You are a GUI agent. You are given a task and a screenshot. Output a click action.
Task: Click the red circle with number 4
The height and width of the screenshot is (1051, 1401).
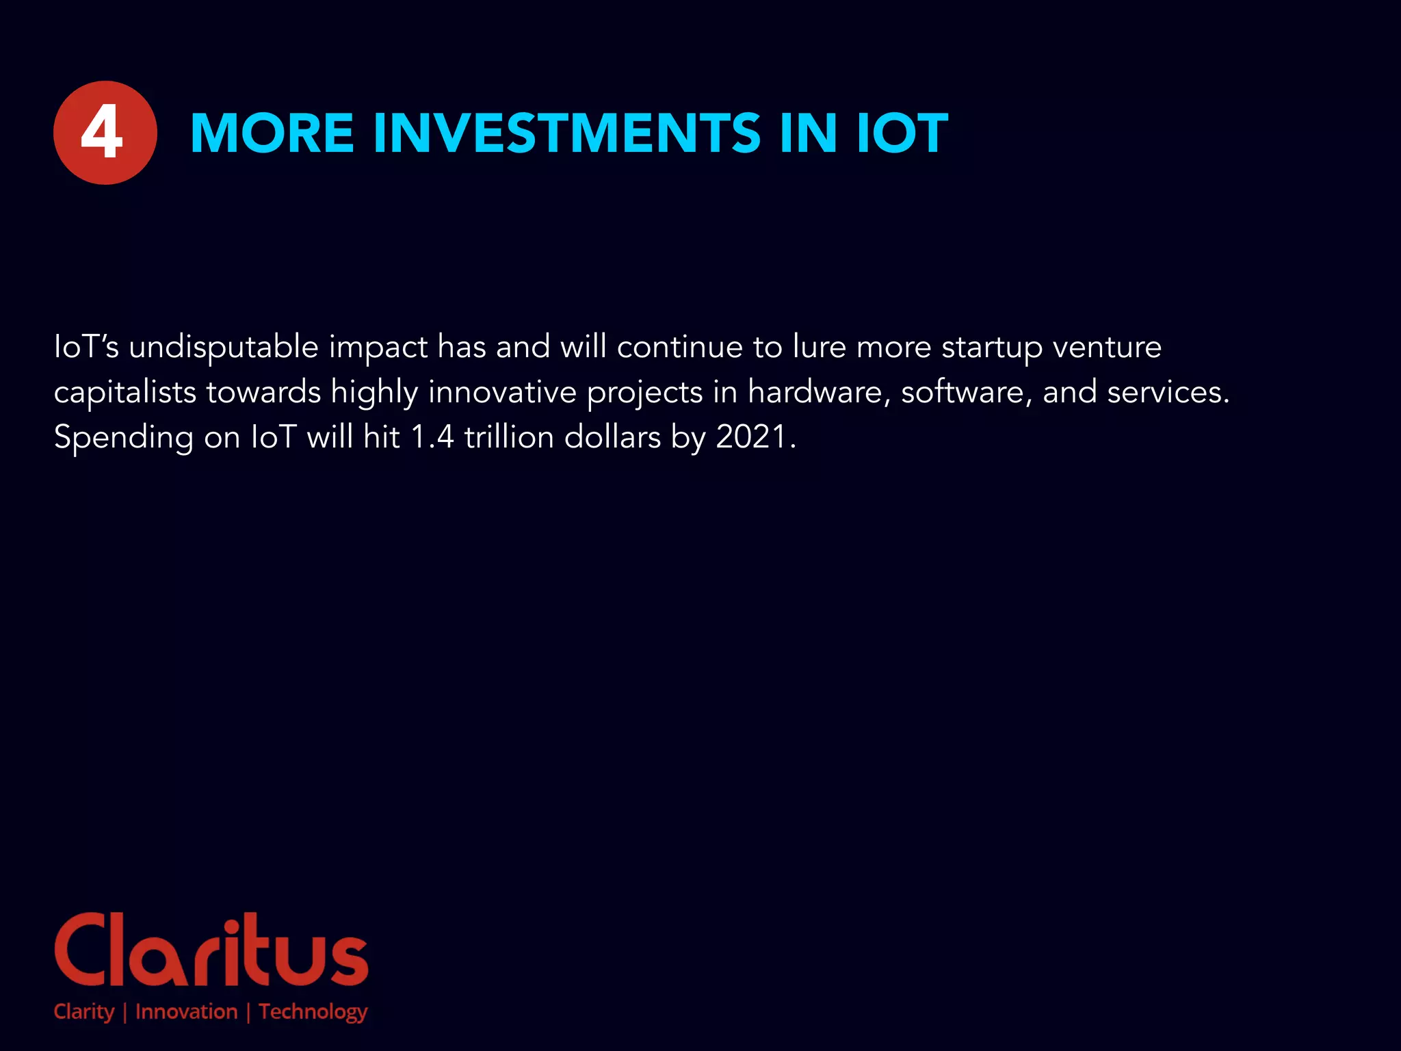coord(105,133)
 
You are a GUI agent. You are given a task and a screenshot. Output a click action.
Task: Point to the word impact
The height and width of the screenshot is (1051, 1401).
coord(378,348)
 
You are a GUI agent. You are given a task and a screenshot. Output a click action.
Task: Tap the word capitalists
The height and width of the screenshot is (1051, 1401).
coord(125,393)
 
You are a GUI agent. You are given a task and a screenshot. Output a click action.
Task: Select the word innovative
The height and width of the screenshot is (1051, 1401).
coord(502,392)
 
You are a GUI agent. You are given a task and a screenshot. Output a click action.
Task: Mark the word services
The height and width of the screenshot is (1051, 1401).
coord(1167,392)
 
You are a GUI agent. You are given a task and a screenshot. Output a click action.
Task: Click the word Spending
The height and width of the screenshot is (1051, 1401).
coord(123,438)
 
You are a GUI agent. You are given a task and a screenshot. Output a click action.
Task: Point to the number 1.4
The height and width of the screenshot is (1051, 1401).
coord(432,437)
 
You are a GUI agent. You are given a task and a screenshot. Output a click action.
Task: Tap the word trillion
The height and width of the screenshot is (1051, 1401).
coord(509,437)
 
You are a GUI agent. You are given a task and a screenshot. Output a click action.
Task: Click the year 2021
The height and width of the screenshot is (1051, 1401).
coord(751,437)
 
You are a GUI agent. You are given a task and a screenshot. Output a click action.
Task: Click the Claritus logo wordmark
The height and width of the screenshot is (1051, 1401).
coord(211,951)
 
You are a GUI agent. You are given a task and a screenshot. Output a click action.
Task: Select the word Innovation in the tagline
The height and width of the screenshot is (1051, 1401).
coord(186,1011)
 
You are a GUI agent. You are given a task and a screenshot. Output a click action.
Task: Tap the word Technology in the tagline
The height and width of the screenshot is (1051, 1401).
coord(313,1012)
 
